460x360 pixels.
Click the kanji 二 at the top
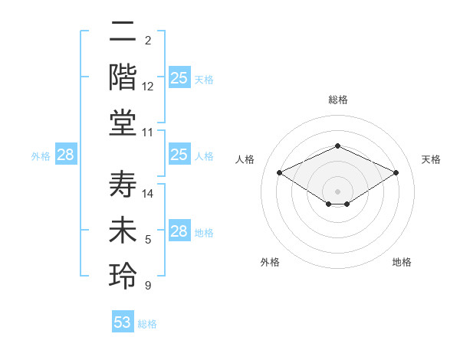tap(123, 34)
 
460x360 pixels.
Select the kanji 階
tap(123, 78)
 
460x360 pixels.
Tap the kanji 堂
tap(123, 123)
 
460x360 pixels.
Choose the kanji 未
tap(123, 231)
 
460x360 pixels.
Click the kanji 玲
tap(123, 276)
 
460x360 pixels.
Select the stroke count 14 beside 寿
tap(148, 194)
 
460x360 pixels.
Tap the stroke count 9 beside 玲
tap(148, 286)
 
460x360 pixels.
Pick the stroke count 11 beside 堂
tap(148, 133)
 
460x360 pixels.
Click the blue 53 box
tap(123, 322)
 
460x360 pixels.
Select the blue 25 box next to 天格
tap(179, 78)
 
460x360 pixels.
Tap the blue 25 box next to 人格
tap(179, 155)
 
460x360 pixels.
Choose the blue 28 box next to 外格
tap(66, 155)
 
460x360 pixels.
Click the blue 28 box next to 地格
tap(179, 231)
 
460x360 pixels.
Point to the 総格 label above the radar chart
tap(337, 100)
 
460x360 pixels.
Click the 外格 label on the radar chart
tap(270, 262)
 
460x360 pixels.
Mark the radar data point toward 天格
tap(396, 172)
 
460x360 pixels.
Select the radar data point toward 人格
tap(279, 172)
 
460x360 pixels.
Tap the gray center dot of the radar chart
tap(337, 190)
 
